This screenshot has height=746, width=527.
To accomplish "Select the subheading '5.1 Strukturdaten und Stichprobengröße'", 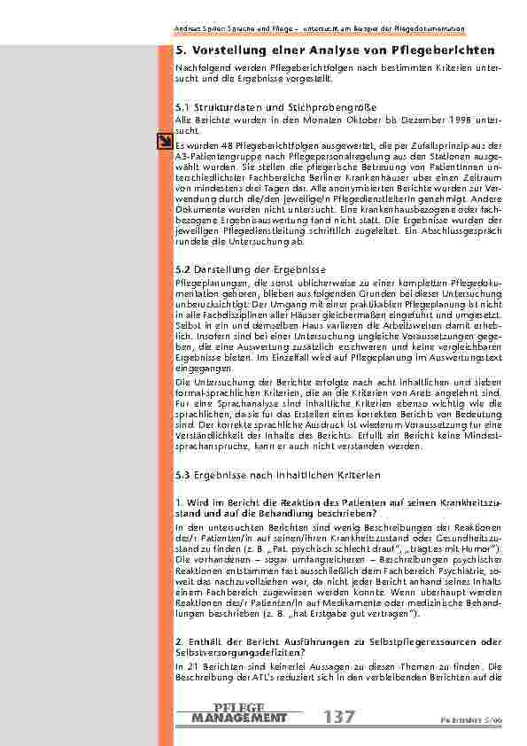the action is tap(252, 106).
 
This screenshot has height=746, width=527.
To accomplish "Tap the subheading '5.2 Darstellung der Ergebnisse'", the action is tap(252, 268).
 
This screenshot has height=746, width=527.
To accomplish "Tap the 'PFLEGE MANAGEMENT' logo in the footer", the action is tap(239, 712).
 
